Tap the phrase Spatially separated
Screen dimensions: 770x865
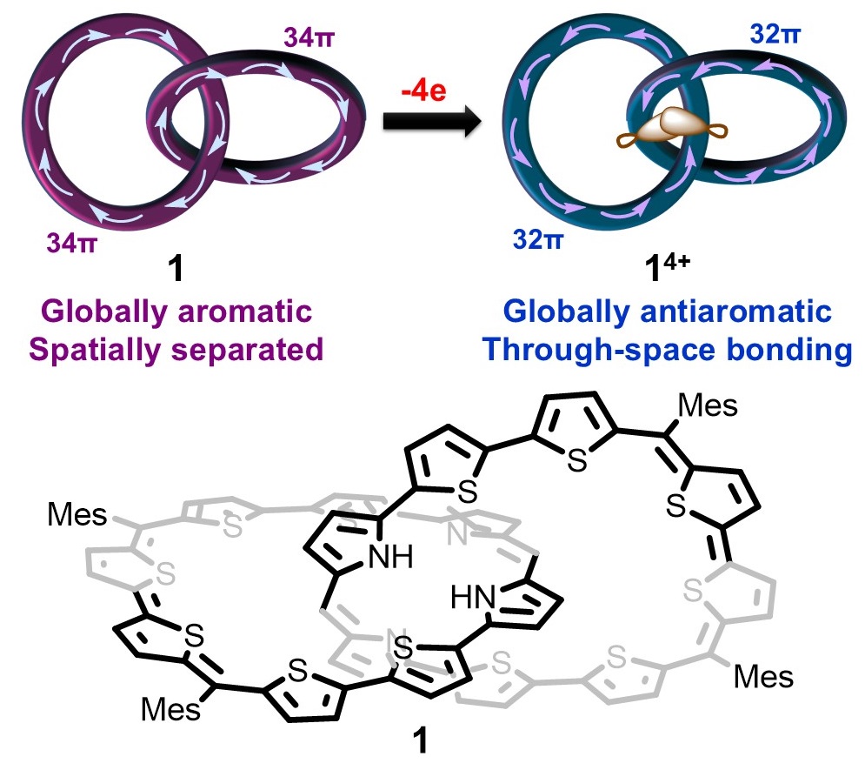pyautogui.click(x=177, y=350)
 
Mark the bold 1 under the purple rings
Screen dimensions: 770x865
pyautogui.click(x=176, y=273)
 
